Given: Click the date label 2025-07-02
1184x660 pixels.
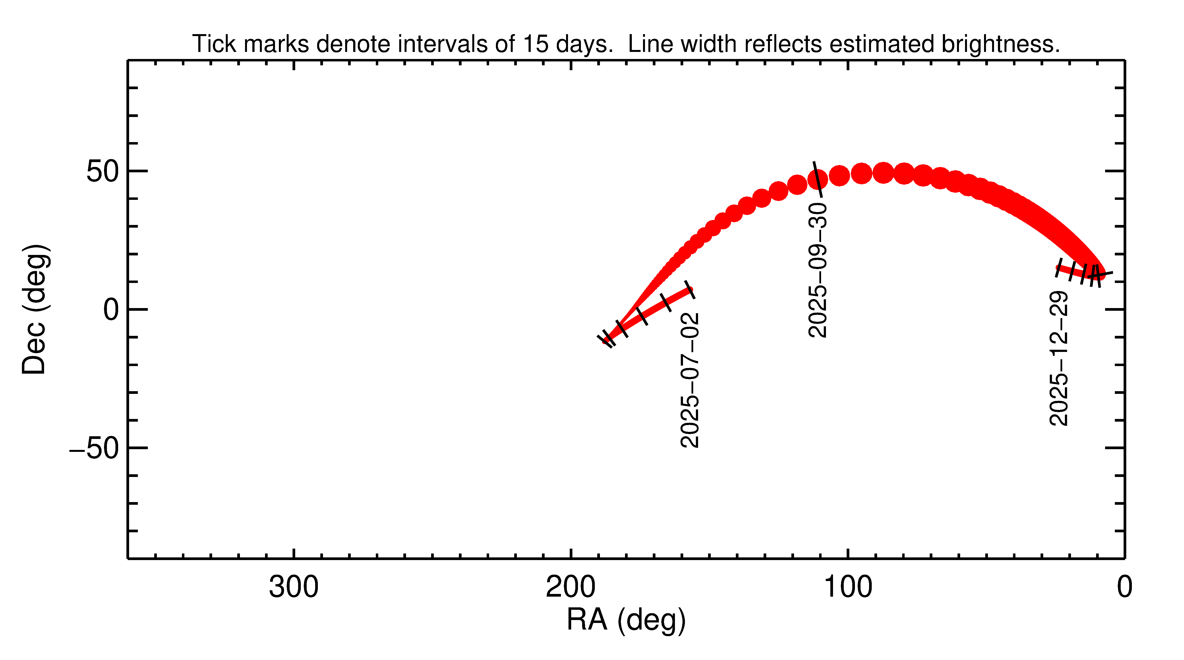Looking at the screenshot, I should coord(690,380).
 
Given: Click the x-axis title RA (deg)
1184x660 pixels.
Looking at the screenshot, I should coord(626,620).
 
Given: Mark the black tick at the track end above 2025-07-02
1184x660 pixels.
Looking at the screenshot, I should coord(690,290).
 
